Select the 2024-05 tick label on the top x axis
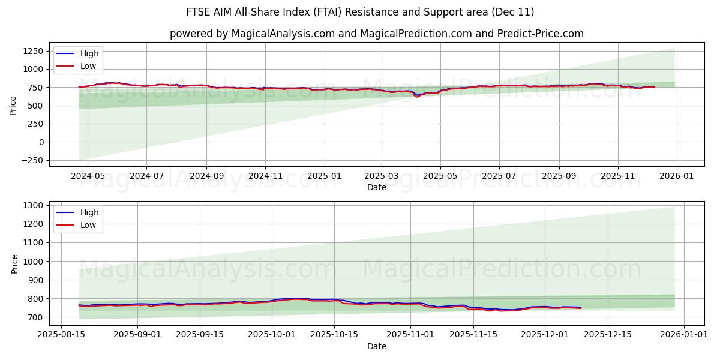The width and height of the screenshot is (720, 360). (88, 177)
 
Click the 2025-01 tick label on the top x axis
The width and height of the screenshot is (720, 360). (324, 177)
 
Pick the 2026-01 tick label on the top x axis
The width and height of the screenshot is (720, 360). (677, 177)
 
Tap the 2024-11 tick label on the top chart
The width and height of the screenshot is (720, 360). (265, 177)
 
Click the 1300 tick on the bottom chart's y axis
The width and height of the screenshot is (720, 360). (33, 206)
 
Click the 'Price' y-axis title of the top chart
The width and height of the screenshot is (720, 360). (13, 106)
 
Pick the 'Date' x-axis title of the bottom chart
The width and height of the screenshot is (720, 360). (376, 347)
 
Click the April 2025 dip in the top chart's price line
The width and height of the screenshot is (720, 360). (417, 96)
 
